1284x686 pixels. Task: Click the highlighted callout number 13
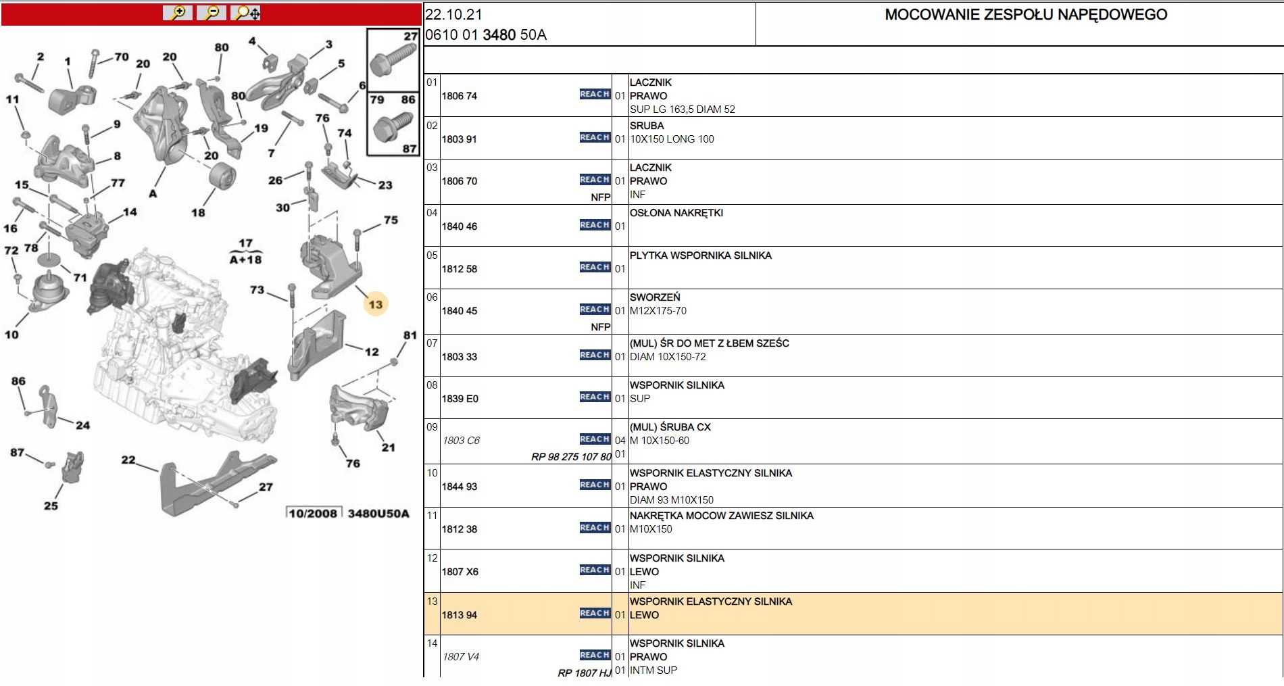point(375,305)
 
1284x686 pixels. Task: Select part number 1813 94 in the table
point(460,615)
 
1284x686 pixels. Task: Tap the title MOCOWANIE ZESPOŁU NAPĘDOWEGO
point(1026,15)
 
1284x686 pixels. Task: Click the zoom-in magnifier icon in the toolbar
point(178,13)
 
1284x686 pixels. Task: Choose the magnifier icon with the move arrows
point(246,13)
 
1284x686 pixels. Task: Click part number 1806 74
point(460,96)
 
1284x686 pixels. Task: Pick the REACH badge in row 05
point(595,267)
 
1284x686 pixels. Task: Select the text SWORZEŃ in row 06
point(655,297)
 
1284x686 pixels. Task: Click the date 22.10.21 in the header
point(453,14)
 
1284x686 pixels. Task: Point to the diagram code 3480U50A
point(378,514)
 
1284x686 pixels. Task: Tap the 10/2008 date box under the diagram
point(313,514)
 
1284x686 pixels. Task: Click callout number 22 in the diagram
point(128,460)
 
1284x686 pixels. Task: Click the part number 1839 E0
point(460,399)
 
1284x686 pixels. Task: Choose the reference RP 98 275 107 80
point(571,457)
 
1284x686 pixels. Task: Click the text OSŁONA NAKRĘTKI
point(676,213)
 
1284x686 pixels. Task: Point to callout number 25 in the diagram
point(51,506)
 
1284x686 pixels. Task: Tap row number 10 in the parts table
point(432,473)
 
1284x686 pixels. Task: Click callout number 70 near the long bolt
point(122,57)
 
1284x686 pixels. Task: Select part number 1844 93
point(460,487)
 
